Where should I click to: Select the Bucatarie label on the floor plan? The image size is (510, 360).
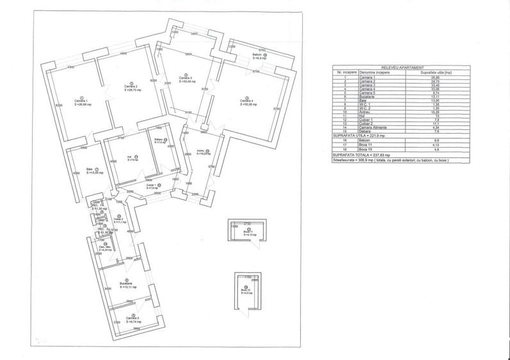click(126, 285)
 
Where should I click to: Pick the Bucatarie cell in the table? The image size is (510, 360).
click(367, 97)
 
